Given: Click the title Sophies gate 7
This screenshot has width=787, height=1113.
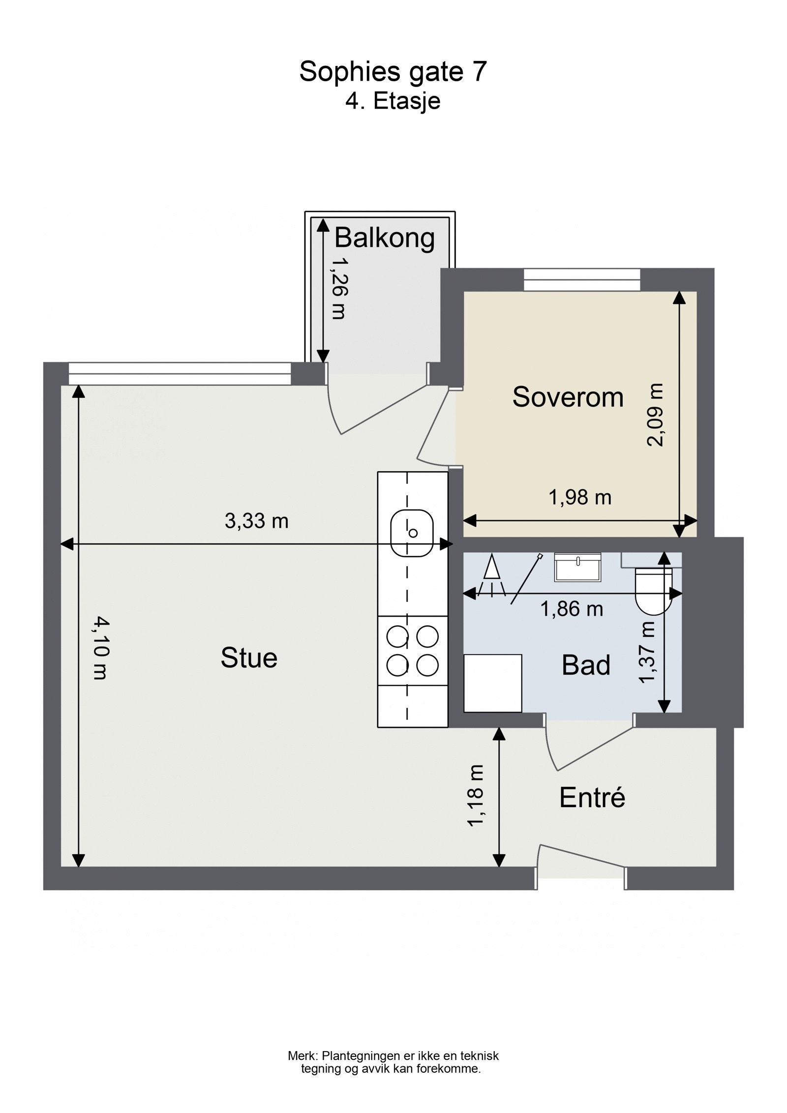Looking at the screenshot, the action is tap(393, 72).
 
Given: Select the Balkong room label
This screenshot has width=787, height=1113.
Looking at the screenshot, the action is tap(385, 239).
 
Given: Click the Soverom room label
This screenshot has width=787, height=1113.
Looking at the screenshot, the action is tap(568, 397).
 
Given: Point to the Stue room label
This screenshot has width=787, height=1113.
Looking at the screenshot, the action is tap(249, 658).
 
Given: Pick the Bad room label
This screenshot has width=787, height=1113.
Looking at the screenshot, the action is tap(586, 665).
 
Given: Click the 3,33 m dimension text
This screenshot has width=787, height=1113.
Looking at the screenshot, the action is tap(257, 521).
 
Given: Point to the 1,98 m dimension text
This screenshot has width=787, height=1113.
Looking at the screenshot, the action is tap(580, 498).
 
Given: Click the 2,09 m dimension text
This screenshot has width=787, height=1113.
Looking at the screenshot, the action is tap(655, 415).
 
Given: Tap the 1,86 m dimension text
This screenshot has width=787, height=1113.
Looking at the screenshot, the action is tap(572, 609).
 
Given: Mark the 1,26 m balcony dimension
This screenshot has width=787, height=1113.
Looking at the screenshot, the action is tap(338, 289).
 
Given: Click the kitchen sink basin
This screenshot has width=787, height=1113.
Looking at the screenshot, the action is tap(412, 533).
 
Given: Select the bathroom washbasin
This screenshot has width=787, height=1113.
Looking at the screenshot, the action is tap(578, 567).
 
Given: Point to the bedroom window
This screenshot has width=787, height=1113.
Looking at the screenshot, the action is tap(582, 280).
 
